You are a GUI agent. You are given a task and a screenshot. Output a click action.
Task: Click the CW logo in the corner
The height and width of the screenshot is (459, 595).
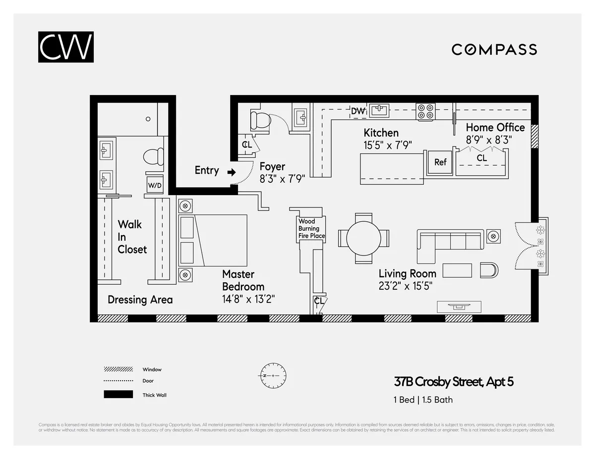[x=65, y=47]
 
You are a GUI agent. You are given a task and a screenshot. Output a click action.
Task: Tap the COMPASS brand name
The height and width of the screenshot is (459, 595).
[x=494, y=50]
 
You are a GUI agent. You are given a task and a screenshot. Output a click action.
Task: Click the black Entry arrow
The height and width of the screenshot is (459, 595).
[x=231, y=172]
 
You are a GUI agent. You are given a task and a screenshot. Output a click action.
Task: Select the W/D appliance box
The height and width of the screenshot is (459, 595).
[x=155, y=185]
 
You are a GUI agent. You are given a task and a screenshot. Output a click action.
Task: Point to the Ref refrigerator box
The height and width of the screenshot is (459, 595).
[x=440, y=162]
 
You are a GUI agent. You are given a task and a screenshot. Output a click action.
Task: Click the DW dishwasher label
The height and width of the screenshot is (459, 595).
[x=357, y=111]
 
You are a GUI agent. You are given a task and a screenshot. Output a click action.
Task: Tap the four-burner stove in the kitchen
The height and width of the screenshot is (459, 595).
[x=425, y=112]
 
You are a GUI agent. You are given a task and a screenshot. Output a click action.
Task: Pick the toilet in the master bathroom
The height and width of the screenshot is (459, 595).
[x=154, y=157]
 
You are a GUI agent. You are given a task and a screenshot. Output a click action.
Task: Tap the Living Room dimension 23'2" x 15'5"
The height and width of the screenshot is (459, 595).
[x=408, y=286]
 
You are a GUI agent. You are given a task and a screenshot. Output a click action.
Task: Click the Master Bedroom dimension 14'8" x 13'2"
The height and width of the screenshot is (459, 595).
[x=248, y=299]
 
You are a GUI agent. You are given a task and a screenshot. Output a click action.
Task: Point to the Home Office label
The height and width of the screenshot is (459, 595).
[x=495, y=128]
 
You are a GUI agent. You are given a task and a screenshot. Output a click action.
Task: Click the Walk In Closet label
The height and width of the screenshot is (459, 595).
[x=132, y=237]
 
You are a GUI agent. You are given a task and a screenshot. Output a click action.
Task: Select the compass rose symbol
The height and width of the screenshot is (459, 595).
[x=272, y=376]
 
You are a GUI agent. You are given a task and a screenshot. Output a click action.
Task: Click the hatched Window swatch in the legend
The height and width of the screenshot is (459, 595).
[x=118, y=369]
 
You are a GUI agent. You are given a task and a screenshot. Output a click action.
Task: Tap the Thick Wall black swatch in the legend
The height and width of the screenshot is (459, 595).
[x=118, y=395]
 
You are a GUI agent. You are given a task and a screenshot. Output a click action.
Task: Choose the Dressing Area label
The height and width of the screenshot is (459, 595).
[x=140, y=300]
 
